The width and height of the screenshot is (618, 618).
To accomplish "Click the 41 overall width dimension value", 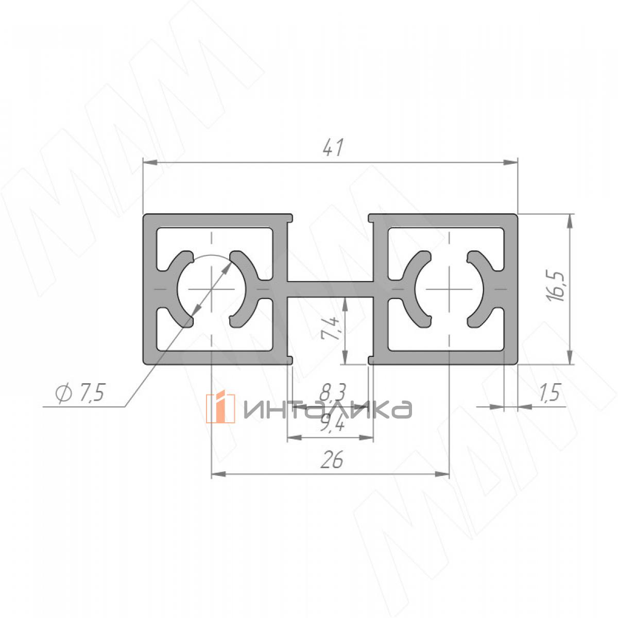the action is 333,147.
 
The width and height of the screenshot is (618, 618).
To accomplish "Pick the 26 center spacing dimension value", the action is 332,459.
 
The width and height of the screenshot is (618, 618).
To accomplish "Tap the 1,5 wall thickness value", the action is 549,392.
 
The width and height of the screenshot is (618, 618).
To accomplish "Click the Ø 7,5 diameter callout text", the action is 80,392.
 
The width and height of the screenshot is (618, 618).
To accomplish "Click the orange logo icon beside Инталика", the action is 220,408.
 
